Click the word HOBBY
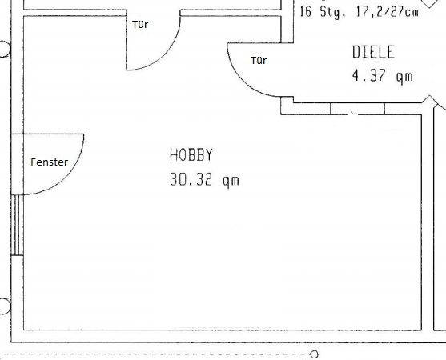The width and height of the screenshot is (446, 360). tap(191, 155)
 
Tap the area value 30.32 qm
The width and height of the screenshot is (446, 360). tap(204, 180)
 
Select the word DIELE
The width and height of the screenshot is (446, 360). tap(373, 52)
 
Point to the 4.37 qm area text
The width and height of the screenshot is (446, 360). tap(382, 76)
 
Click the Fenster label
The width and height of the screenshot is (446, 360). tap(49, 162)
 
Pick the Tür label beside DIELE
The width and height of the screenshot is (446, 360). tap(259, 60)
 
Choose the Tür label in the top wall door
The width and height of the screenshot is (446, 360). tap(140, 25)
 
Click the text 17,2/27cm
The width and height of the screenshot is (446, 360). tap(387, 12)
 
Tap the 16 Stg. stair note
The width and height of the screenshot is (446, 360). tap(323, 12)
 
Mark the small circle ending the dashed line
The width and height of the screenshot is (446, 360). tap(315, 354)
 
